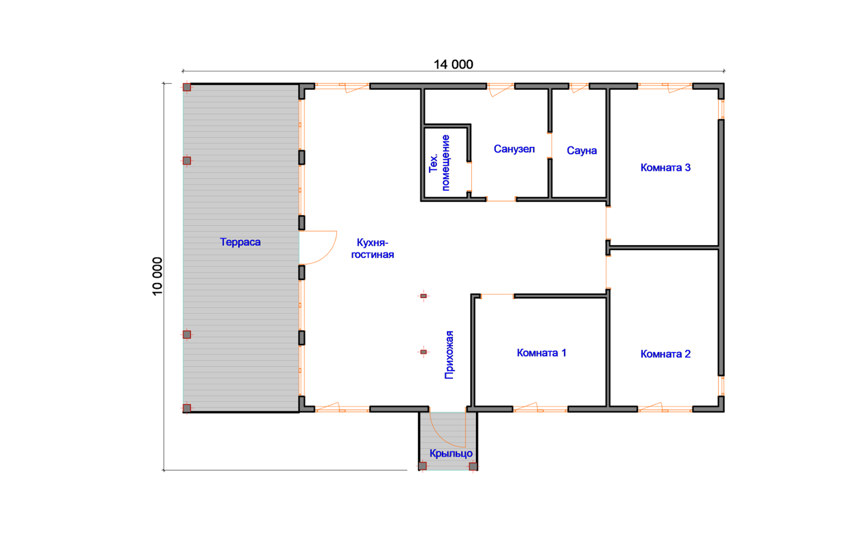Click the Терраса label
coord(240,242)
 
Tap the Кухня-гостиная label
coord(372,249)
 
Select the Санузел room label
coord(514,149)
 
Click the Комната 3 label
coord(665,168)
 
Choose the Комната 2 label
coord(665,354)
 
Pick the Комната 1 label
coord(541,353)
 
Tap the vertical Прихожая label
coord(449,355)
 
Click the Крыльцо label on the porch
coord(451,453)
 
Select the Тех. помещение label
coord(439,163)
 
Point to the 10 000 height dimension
coord(157,276)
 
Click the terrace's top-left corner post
coord(187,87)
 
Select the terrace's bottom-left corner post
coord(187,408)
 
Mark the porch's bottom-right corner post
coord(473,466)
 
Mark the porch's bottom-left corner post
coord(422,466)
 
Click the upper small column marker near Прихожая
coord(424,296)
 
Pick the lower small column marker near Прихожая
coord(424,352)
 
